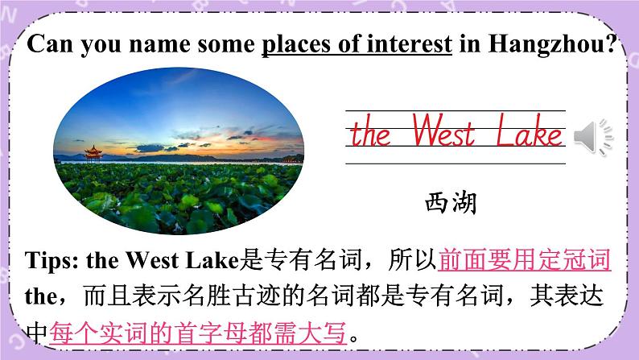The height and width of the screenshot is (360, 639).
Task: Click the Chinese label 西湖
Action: click(451, 201)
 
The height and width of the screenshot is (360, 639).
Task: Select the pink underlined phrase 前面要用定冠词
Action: click(524, 260)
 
